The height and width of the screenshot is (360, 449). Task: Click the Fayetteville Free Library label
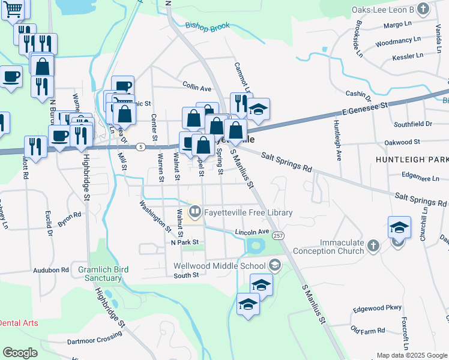pos(249,212)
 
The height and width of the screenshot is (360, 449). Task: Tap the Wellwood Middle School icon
pos(274,265)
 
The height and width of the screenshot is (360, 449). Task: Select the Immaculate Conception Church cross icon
pos(373,245)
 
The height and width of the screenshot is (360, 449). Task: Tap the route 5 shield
pos(140,146)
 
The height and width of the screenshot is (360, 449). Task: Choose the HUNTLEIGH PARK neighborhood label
pos(412,160)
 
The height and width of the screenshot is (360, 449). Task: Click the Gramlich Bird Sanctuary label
pos(100,274)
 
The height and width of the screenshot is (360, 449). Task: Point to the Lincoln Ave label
pos(252,232)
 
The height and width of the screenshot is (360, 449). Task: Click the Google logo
pos(20,352)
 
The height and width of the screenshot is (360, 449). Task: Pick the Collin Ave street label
pos(197,88)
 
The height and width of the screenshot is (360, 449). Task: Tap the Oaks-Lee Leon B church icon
pos(424,8)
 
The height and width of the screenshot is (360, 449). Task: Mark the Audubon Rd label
pos(51,270)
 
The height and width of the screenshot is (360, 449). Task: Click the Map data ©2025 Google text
pos(411,355)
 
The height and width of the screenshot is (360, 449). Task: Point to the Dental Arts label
pos(18,323)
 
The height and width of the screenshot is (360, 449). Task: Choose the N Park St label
pos(184,242)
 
